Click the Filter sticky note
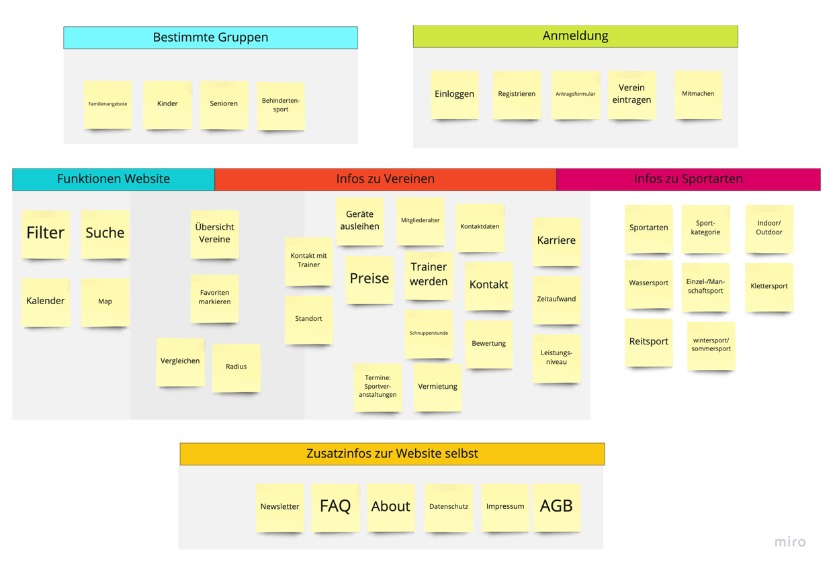[46, 234]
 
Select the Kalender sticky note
[46, 301]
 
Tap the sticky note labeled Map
[105, 301]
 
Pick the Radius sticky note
[236, 367]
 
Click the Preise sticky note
[369, 279]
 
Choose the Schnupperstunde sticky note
[429, 333]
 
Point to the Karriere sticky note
[556, 240]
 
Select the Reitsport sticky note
[648, 342]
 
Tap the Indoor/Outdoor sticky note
[769, 228]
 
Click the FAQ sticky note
[335, 507]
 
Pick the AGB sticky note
[556, 507]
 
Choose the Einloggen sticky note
[454, 95]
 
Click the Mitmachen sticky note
[698, 95]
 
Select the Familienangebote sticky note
[107, 104]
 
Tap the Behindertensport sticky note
[281, 105]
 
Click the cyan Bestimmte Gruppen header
[210, 38]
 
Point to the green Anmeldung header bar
[575, 36]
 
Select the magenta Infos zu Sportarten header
[688, 179]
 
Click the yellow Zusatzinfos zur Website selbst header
[392, 454]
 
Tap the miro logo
[789, 542]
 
